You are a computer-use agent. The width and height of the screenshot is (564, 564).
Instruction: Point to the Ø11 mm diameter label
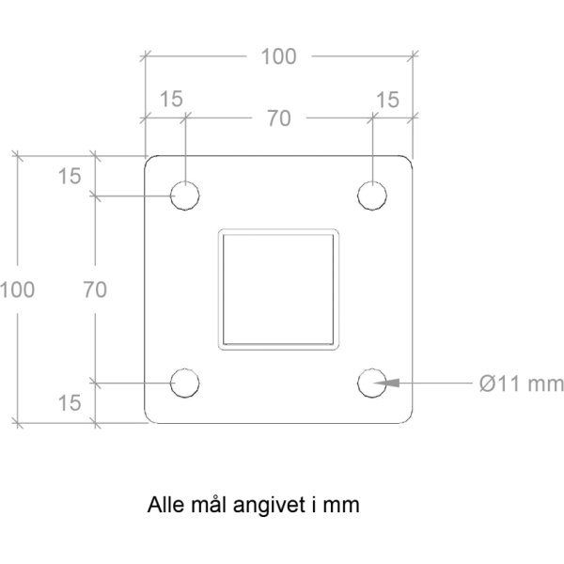point(522,384)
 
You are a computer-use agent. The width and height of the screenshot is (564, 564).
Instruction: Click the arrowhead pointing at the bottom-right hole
point(386,383)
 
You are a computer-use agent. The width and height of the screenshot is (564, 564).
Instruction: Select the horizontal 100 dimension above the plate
point(279,56)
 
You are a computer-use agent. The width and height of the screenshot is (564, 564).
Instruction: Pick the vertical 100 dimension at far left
point(17,290)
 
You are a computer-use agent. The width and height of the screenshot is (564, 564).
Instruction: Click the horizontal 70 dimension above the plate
point(279,118)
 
